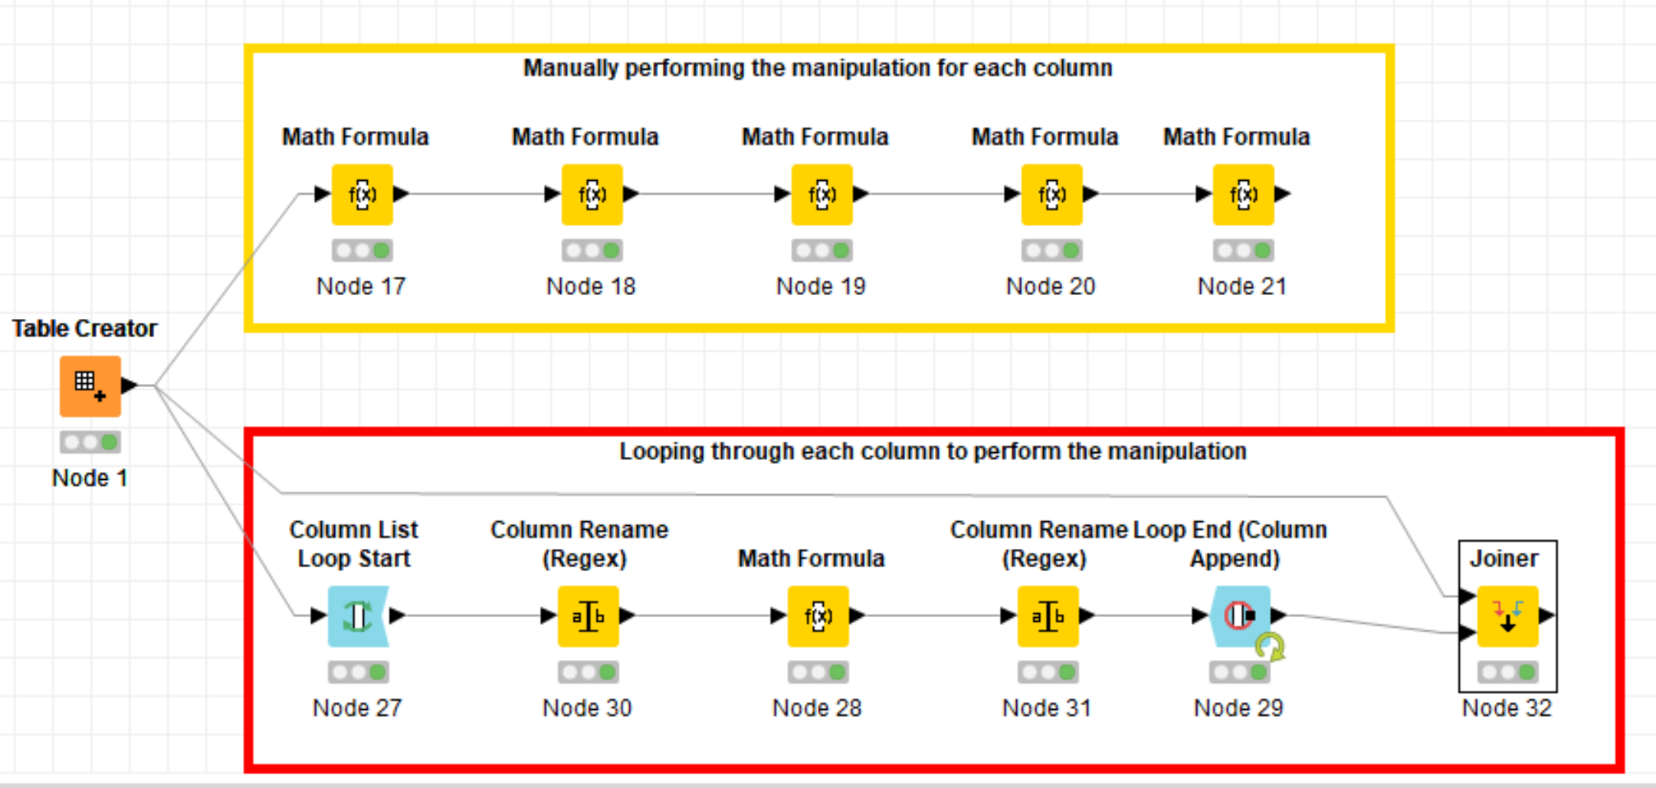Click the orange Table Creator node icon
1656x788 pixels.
90,386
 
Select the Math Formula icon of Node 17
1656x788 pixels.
362,195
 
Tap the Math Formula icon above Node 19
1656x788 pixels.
822,195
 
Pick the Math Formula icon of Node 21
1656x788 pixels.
1244,195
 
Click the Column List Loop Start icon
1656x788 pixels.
358,616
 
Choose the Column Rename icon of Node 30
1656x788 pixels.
589,616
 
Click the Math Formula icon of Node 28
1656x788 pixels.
818,616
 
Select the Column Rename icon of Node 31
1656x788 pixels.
1048,616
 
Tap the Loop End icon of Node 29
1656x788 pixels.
1240,616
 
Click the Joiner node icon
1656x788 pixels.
1508,616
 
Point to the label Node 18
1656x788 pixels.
591,287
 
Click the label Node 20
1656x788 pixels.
1051,287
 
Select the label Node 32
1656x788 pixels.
1507,708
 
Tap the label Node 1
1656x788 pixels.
90,478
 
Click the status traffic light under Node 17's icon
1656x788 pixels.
362,251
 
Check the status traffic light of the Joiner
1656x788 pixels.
1508,672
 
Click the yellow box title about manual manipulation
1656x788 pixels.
818,68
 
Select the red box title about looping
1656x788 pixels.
933,451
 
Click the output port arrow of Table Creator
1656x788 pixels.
130,385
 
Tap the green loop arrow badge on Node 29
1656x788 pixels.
1271,647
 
